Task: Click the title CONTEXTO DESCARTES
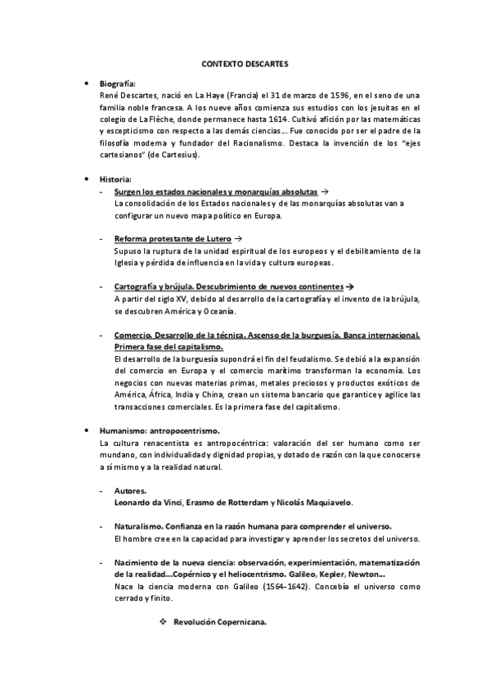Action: point(245,63)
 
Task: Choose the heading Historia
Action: point(115,178)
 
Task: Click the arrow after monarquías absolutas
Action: point(326,190)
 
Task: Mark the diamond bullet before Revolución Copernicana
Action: point(164,623)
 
